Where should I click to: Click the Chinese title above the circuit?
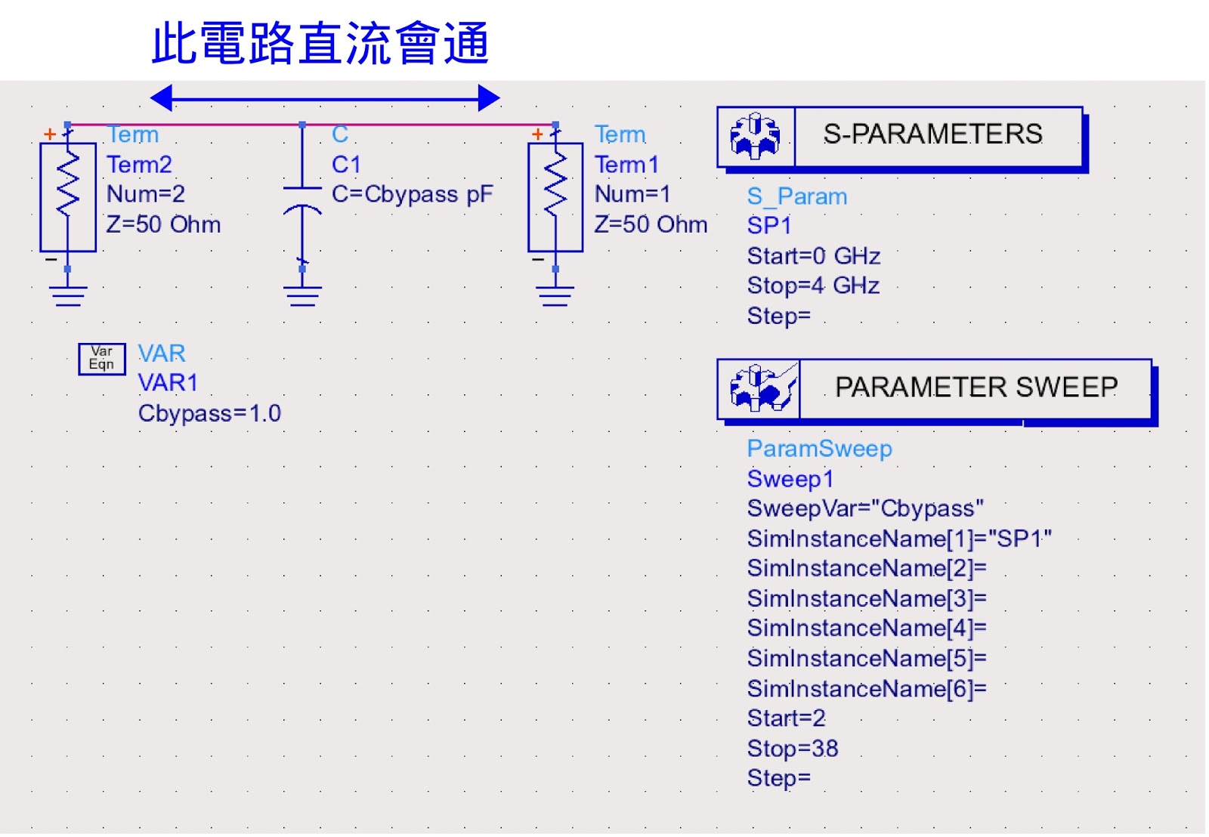[320, 44]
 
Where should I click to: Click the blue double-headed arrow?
[325, 97]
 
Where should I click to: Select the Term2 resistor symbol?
[68, 196]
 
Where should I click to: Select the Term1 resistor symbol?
[555, 196]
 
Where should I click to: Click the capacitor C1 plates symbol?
[302, 198]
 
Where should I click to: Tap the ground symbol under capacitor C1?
[302, 295]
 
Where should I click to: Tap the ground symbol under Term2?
[68, 295]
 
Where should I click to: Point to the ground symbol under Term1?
[555, 295]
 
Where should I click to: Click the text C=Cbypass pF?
[412, 194]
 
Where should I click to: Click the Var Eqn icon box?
[101, 358]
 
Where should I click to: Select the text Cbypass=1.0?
[209, 413]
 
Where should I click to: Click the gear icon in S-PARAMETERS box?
[755, 137]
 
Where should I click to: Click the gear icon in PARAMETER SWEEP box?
[760, 388]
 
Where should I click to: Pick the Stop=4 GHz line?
[813, 286]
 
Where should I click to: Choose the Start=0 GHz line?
[814, 256]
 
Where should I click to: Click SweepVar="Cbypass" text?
[865, 508]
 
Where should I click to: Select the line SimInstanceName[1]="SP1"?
[899, 539]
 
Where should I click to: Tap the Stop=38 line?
[793, 749]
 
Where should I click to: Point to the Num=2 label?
[145, 194]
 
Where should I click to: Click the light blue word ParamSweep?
[819, 449]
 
